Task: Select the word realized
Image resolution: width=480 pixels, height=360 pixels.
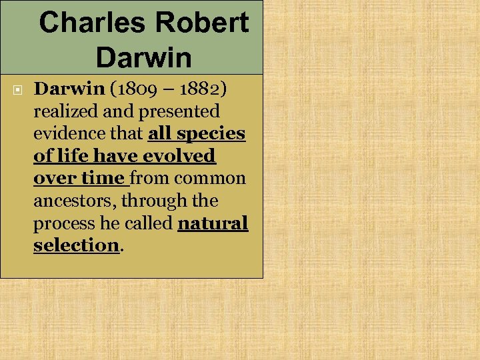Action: (x=63, y=111)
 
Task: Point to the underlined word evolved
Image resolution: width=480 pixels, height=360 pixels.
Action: (x=182, y=156)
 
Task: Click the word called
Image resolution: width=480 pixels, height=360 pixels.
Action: (x=150, y=223)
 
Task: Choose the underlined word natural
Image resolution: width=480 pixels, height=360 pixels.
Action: (x=213, y=223)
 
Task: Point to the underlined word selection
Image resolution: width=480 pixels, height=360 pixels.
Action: (x=76, y=245)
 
